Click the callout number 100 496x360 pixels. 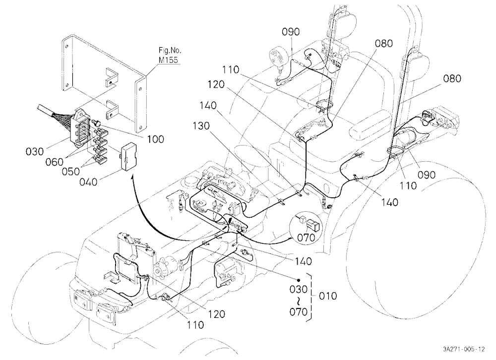click(x=156, y=139)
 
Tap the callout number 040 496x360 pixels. click(x=89, y=182)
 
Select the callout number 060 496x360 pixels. click(x=55, y=162)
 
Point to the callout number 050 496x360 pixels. click(x=71, y=172)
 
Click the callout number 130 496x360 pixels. click(x=201, y=126)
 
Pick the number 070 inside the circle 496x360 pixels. click(x=307, y=237)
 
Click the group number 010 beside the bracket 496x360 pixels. click(x=328, y=296)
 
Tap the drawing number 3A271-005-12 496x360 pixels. click(x=464, y=349)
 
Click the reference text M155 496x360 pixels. click(x=168, y=60)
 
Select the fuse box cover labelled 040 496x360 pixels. click(x=128, y=157)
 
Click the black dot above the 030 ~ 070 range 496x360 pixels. click(x=298, y=280)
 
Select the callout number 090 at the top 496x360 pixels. click(x=291, y=32)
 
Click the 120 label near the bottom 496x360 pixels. click(x=216, y=314)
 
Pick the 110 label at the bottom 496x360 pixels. click(x=195, y=325)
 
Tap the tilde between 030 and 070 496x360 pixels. click(x=298, y=300)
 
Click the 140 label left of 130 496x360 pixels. click(x=208, y=106)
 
